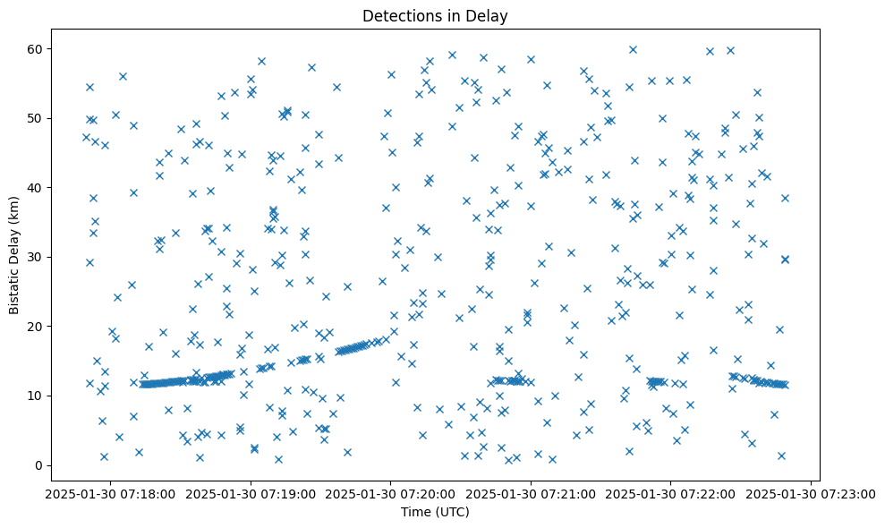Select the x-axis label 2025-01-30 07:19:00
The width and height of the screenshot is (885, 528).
(x=251, y=493)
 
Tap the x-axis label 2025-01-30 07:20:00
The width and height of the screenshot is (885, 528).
(x=391, y=493)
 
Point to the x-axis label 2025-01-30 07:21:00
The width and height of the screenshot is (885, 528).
(x=532, y=493)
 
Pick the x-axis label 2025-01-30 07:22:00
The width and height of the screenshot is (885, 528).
(x=671, y=493)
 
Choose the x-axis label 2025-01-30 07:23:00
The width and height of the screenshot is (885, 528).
(x=812, y=493)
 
